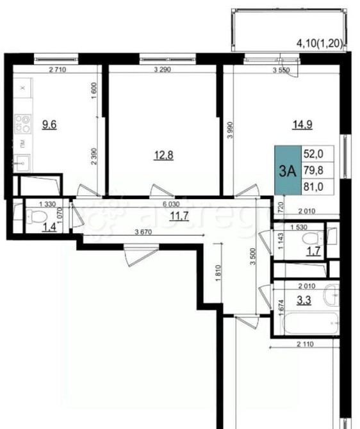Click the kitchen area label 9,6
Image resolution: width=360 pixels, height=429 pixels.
pyautogui.click(x=49, y=124)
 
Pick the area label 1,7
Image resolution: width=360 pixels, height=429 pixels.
pyautogui.click(x=313, y=251)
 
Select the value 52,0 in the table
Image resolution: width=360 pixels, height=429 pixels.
pyautogui.click(x=316, y=154)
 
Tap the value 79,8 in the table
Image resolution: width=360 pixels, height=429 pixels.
pyautogui.click(x=316, y=170)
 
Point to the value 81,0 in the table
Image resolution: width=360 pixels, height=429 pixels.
pyautogui.click(x=316, y=186)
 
